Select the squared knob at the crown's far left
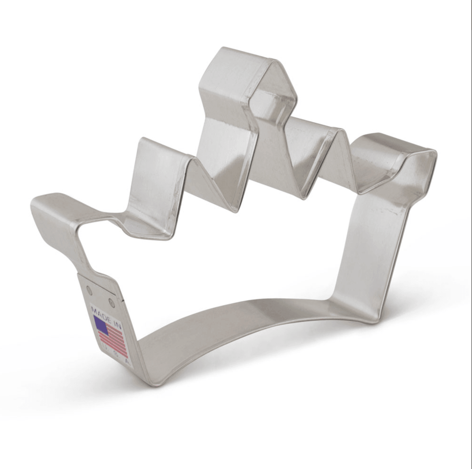52,212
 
